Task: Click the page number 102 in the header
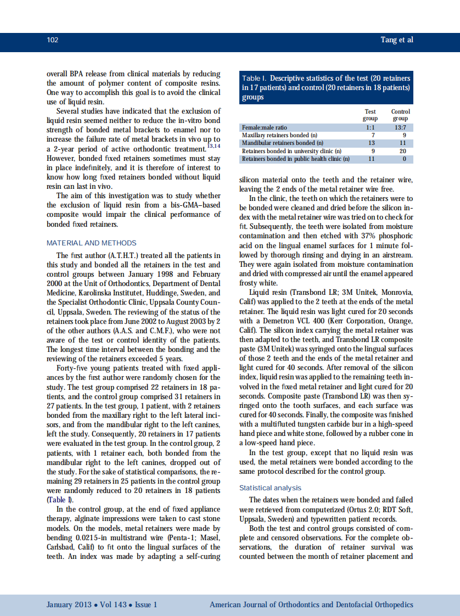pos(53,40)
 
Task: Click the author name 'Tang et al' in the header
pos(396,40)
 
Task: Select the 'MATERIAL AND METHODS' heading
pos(91,243)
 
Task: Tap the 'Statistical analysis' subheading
pos(270,488)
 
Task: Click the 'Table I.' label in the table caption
pos(254,79)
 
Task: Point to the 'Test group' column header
pos(371,115)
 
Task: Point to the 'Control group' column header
pos(400,115)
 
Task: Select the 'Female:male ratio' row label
pos(265,127)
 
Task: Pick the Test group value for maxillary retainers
pos(373,135)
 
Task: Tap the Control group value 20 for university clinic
pos(402,151)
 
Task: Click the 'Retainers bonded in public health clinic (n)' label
pos(295,159)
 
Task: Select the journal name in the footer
pos(311,604)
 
